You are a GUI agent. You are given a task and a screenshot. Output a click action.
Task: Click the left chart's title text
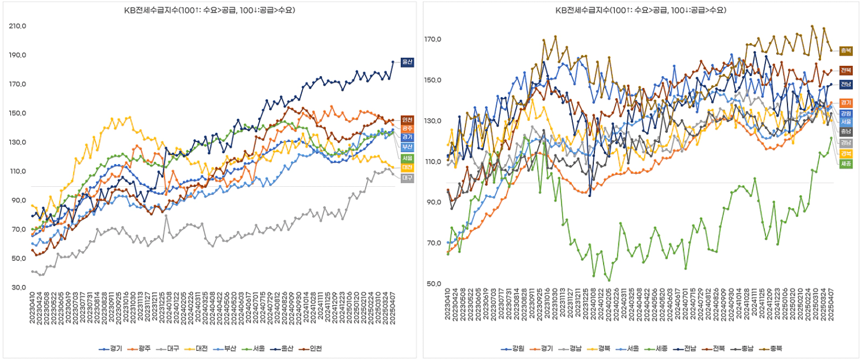click(210, 10)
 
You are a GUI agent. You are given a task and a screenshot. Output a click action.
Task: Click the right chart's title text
click(641, 10)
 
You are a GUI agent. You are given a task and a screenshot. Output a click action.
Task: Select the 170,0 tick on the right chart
click(433, 40)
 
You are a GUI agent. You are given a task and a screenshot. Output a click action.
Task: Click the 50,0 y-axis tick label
click(433, 284)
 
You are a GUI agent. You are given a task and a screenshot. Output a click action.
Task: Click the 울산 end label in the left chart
click(407, 62)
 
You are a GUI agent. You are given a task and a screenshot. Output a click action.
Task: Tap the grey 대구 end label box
click(407, 178)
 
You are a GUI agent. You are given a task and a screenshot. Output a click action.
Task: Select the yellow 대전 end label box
click(407, 168)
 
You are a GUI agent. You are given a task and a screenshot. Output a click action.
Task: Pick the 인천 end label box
click(407, 120)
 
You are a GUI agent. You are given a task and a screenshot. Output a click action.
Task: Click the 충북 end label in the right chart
click(845, 51)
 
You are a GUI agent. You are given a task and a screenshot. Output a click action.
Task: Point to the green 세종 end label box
click(845, 164)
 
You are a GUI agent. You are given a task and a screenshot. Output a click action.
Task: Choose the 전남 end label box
click(845, 84)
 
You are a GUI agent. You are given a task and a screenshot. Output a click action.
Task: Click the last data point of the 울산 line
click(392, 62)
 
